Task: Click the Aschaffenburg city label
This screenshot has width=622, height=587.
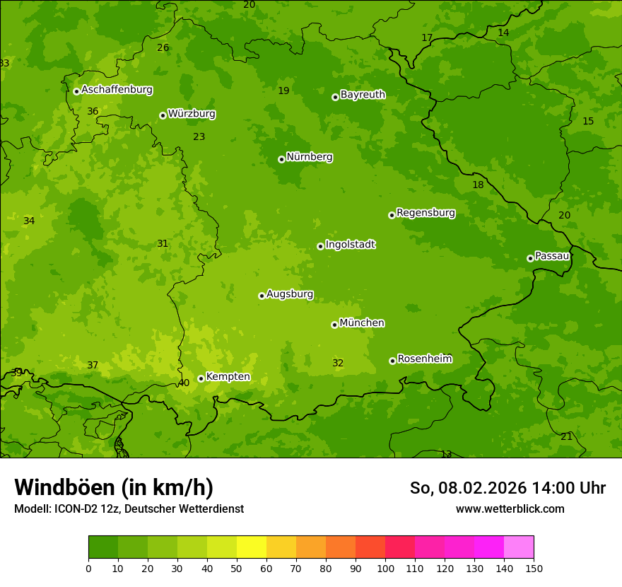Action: click(x=117, y=90)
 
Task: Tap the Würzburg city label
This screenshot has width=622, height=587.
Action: click(x=192, y=114)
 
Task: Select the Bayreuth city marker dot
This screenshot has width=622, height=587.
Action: click(x=335, y=97)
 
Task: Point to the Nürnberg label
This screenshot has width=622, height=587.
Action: click(x=309, y=157)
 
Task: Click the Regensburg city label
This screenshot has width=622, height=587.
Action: click(x=426, y=213)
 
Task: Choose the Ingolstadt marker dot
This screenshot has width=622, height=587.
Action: click(x=320, y=246)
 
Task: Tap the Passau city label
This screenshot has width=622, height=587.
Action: click(x=551, y=256)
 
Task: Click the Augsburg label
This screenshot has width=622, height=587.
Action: click(x=290, y=294)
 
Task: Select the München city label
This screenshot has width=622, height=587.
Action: click(x=362, y=323)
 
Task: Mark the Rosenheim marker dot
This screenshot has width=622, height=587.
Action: click(x=392, y=361)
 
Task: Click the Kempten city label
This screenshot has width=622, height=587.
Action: click(x=228, y=377)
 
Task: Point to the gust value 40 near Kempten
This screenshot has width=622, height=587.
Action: click(x=183, y=383)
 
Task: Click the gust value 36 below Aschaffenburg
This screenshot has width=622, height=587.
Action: click(x=93, y=111)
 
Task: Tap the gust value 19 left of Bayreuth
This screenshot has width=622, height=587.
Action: click(x=283, y=91)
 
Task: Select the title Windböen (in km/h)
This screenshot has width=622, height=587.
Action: click(x=114, y=487)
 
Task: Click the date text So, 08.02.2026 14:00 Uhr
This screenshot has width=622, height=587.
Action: click(x=507, y=488)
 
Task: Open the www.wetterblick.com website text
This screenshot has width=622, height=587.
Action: click(x=510, y=508)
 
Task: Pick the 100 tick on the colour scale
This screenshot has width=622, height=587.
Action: click(x=385, y=568)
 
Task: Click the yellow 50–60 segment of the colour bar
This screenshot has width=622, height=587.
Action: click(x=252, y=547)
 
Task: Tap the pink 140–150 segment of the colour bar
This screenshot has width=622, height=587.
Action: click(x=518, y=547)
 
